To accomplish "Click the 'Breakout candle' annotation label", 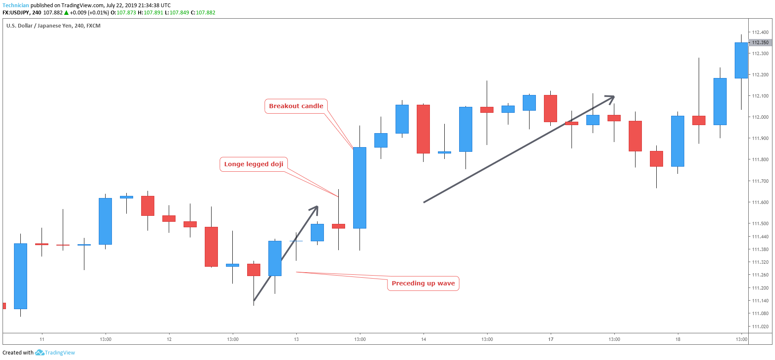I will click(296, 106).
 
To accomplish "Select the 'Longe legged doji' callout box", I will click(254, 164).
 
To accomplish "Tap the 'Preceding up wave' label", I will click(423, 283).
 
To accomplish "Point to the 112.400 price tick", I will click(760, 32).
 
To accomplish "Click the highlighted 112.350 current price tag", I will click(760, 42).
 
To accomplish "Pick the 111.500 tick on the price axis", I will click(760, 223).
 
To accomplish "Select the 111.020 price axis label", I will click(760, 327).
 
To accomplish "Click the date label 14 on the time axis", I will click(424, 339).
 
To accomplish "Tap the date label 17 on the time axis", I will click(551, 339).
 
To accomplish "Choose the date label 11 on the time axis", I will click(42, 339).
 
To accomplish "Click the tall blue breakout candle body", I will click(360, 188).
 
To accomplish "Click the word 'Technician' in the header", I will click(16, 6).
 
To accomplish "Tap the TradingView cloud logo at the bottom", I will click(39, 352).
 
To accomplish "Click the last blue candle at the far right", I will click(741, 60).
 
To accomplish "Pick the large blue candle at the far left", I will click(20, 276).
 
